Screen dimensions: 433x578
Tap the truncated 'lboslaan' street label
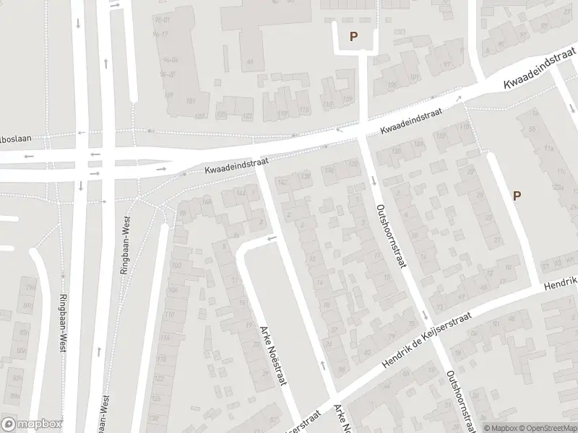pyautogui.click(x=16, y=136)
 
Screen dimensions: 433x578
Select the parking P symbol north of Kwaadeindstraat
pyautogui.click(x=353, y=36)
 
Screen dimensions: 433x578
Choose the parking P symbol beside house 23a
pyautogui.click(x=517, y=196)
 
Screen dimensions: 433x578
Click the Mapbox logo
pyautogui.click(x=32, y=424)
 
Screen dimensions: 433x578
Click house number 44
pyautogui.click(x=250, y=61)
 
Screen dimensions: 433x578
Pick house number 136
pyautogui.click(x=329, y=170)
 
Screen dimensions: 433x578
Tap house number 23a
pyautogui.click(x=558, y=186)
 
